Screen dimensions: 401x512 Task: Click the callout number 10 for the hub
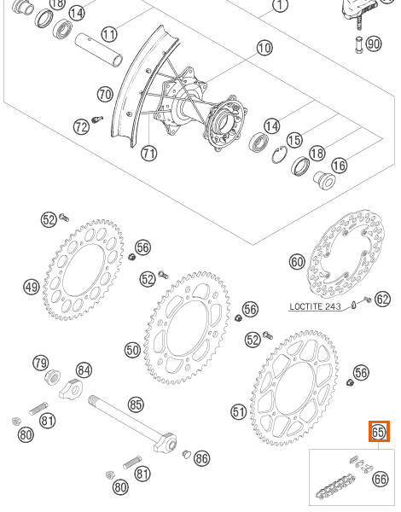coord(264,48)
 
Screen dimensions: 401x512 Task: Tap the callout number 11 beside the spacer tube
coord(109,34)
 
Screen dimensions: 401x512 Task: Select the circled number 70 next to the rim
coord(105,95)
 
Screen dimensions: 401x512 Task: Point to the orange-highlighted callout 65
coord(379,431)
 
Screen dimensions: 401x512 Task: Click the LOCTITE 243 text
coord(315,306)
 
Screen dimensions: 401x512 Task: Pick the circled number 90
coord(374,44)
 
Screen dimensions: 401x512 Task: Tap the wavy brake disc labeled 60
coord(346,253)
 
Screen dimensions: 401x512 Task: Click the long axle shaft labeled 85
coord(132,423)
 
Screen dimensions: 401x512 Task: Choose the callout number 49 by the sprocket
coord(32,288)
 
